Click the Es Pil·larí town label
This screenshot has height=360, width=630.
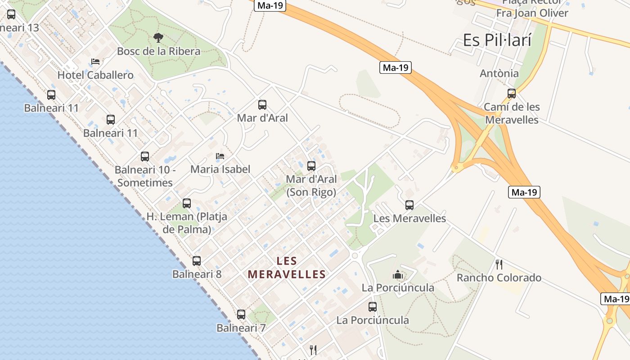click(x=497, y=40)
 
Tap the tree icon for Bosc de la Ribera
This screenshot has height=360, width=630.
click(x=158, y=38)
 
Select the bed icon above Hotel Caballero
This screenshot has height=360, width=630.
click(x=95, y=62)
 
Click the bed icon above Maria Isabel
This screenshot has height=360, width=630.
click(x=220, y=156)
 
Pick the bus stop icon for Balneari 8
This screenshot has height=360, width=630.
click(x=197, y=261)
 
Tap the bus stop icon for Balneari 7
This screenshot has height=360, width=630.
click(x=241, y=315)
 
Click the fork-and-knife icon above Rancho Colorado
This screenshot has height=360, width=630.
click(x=499, y=264)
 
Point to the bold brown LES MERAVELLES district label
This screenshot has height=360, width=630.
click(x=287, y=268)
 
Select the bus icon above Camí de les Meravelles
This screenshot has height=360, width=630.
click(x=512, y=94)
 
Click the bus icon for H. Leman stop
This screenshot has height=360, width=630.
click(x=187, y=203)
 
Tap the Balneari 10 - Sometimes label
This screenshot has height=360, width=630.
click(x=144, y=176)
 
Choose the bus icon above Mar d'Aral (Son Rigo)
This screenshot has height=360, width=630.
click(x=311, y=166)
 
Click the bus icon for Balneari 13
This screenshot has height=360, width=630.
click(x=11, y=14)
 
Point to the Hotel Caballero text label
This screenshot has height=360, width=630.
click(x=95, y=75)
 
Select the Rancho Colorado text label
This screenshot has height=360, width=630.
click(x=499, y=278)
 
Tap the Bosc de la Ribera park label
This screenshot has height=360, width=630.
click(x=158, y=51)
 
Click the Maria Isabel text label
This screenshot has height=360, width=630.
click(x=220, y=169)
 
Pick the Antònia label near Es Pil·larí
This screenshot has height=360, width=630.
click(x=499, y=73)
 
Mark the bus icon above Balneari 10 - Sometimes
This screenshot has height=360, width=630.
click(x=145, y=157)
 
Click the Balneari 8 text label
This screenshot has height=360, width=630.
click(x=197, y=274)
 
